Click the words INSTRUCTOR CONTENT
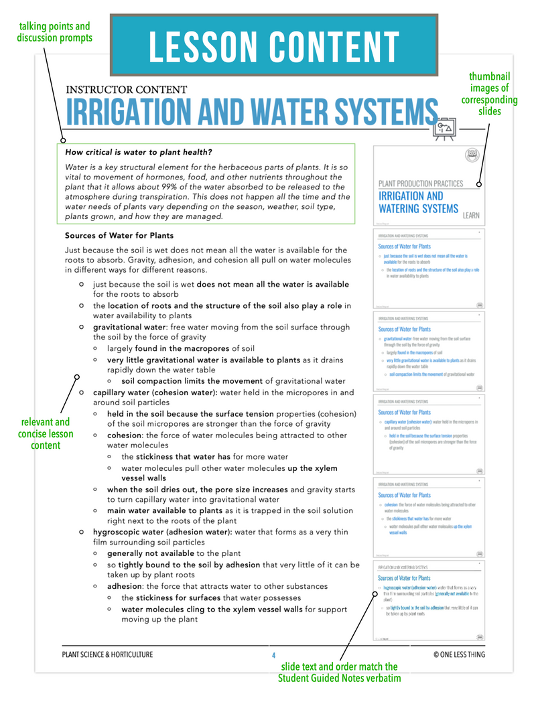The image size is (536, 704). pyautogui.click(x=127, y=89)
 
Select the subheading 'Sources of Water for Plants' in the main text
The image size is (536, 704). pyautogui.click(x=119, y=236)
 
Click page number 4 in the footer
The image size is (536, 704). pyautogui.click(x=273, y=654)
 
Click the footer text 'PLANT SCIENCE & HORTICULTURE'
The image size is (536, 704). pyautogui.click(x=107, y=654)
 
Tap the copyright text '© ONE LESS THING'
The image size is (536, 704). pyautogui.click(x=459, y=654)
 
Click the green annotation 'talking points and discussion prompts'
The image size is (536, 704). pyautogui.click(x=55, y=31)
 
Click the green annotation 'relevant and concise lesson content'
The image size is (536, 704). pyautogui.click(x=45, y=433)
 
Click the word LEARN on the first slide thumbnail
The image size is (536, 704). pyautogui.click(x=471, y=215)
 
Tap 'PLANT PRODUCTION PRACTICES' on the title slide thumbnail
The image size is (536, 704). pyautogui.click(x=420, y=183)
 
